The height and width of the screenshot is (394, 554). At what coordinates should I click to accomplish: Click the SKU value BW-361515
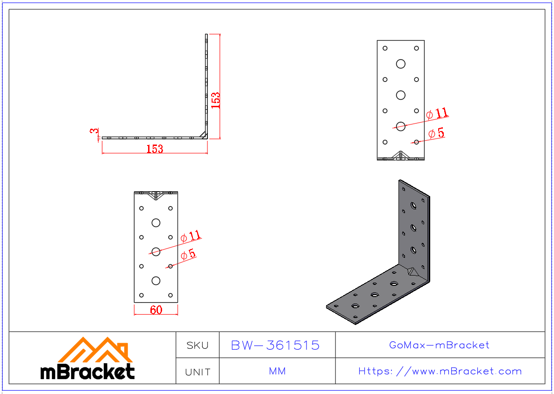click(x=276, y=346)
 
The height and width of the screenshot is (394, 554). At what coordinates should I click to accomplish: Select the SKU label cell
click(x=198, y=346)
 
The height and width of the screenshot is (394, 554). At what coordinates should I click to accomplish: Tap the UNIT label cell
click(x=198, y=372)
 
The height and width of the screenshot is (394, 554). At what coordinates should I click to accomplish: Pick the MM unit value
click(x=277, y=372)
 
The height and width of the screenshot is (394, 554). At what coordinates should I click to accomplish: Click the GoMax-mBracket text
click(x=439, y=346)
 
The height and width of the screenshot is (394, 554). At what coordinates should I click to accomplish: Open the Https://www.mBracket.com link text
click(x=440, y=372)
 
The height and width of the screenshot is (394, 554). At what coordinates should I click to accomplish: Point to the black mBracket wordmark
click(x=87, y=372)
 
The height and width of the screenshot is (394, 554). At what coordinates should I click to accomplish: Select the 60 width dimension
click(x=156, y=310)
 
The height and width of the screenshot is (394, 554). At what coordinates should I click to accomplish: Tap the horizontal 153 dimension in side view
click(x=155, y=149)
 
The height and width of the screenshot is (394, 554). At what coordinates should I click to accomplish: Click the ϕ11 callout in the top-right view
click(x=437, y=113)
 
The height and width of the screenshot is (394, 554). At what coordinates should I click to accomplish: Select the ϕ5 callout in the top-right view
click(x=436, y=133)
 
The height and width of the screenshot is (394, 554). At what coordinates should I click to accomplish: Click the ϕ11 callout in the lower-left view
click(x=191, y=235)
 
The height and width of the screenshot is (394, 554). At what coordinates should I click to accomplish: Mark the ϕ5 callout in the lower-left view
click(x=188, y=255)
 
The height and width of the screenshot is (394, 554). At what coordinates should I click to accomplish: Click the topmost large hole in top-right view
click(x=400, y=64)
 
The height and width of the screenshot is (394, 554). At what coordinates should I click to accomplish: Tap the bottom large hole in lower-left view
click(x=156, y=280)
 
